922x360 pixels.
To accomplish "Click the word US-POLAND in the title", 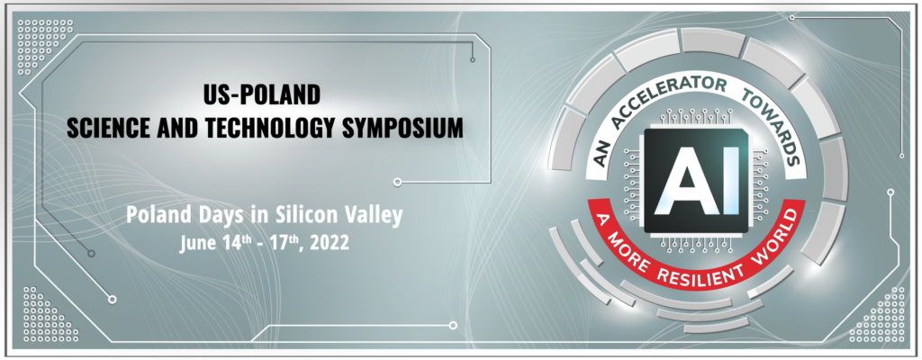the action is tap(262, 94).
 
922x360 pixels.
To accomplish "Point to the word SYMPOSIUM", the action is tap(400, 128).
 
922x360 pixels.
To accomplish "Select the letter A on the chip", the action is tap(687, 181).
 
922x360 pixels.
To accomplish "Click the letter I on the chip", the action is tap(731, 181).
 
